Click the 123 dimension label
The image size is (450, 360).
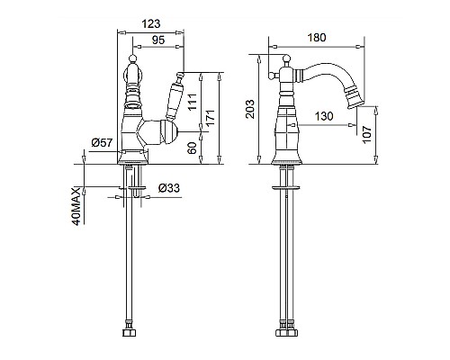point(151,23)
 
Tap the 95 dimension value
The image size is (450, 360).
point(158,40)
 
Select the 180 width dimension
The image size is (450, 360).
point(317,38)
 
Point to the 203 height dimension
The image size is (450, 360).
point(249,109)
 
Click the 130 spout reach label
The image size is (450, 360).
point(324,116)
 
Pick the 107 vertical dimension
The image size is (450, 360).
point(366,135)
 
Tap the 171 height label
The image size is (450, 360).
point(211,118)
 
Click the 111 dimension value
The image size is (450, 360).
point(193,102)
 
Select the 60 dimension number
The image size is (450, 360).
point(192,148)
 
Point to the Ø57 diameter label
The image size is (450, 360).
point(103,142)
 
